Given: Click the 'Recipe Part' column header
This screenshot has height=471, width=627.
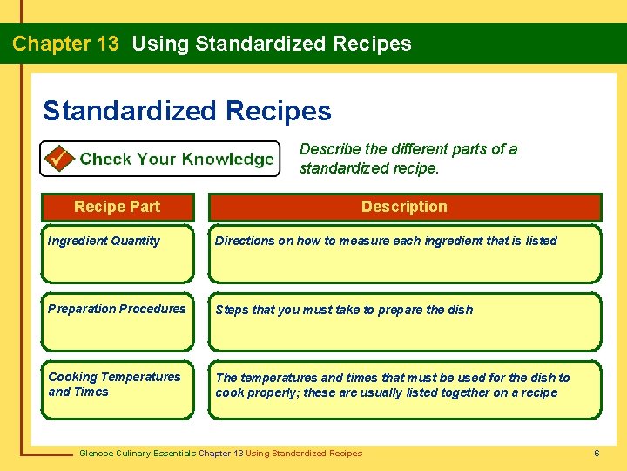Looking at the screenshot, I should (117, 207).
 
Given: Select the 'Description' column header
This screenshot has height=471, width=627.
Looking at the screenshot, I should (404, 207).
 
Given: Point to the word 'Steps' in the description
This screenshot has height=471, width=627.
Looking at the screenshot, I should (232, 310).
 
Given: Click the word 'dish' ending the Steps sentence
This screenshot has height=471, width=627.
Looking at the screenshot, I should (460, 310).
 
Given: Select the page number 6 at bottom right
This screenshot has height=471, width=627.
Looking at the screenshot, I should (597, 453).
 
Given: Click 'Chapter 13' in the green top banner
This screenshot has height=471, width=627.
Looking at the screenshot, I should (65, 44).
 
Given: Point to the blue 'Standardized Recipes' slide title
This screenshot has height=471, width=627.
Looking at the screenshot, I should (186, 111).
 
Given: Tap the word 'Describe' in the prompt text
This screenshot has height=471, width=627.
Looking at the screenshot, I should (327, 149).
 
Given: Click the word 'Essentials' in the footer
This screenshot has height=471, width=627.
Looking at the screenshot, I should (174, 453).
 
